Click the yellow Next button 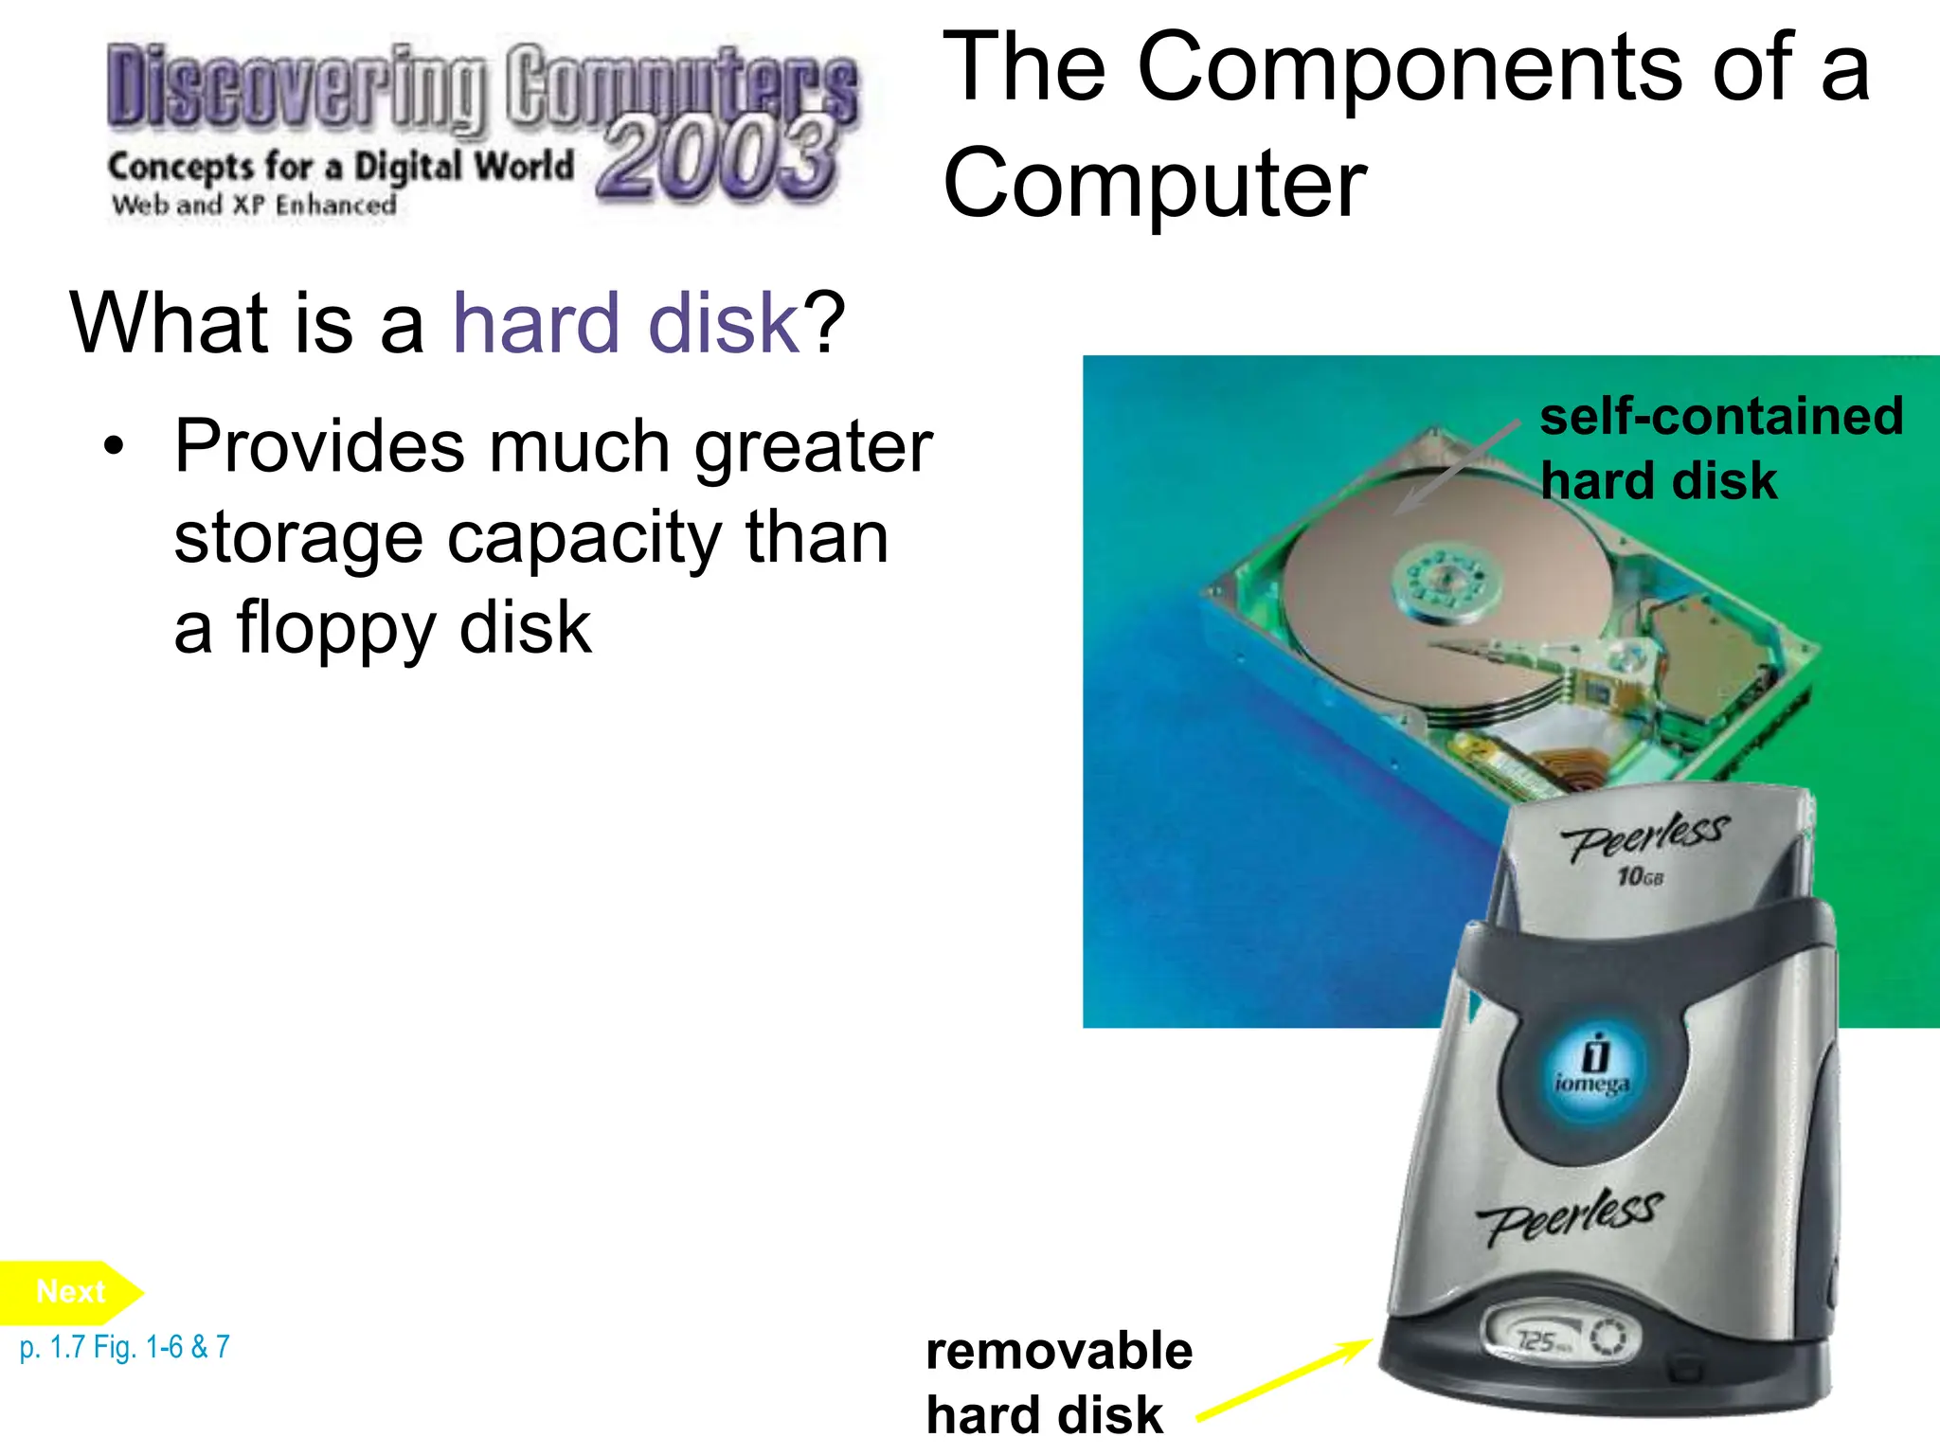[x=69, y=1292]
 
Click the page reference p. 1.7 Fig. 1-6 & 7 [x=124, y=1347]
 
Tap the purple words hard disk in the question [x=627, y=324]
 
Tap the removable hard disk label [x=1058, y=1381]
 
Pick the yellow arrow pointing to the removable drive [x=1284, y=1380]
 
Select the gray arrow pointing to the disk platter [x=1459, y=466]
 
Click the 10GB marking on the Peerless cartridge [x=1640, y=876]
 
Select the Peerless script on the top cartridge [x=1645, y=835]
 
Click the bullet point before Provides [x=115, y=446]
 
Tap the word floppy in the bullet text [x=337, y=627]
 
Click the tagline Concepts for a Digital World [x=341, y=167]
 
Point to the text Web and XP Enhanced [x=254, y=205]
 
